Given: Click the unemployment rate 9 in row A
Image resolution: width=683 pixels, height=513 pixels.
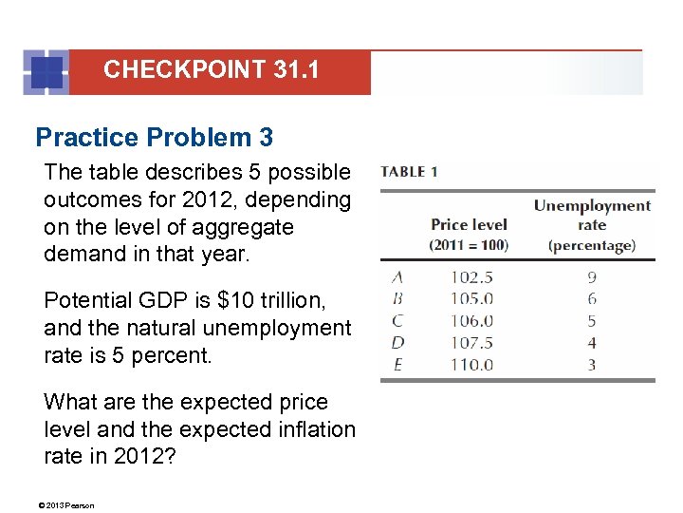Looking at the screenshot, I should [592, 278].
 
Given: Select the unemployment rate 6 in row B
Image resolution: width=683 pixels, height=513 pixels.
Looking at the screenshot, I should [592, 298].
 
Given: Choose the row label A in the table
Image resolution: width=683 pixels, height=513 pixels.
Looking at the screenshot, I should [398, 278].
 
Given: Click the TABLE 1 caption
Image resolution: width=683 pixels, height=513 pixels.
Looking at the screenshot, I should [409, 172].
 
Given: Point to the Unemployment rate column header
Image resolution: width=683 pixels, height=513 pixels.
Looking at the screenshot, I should [592, 225].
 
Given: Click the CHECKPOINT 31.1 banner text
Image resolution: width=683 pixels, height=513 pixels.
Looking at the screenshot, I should [212, 69].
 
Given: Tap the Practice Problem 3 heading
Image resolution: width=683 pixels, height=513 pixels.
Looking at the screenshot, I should [154, 138].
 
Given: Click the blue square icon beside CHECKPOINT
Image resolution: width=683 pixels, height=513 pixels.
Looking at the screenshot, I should [45, 72].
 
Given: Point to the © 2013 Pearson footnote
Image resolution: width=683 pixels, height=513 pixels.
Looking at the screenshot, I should [68, 504].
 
